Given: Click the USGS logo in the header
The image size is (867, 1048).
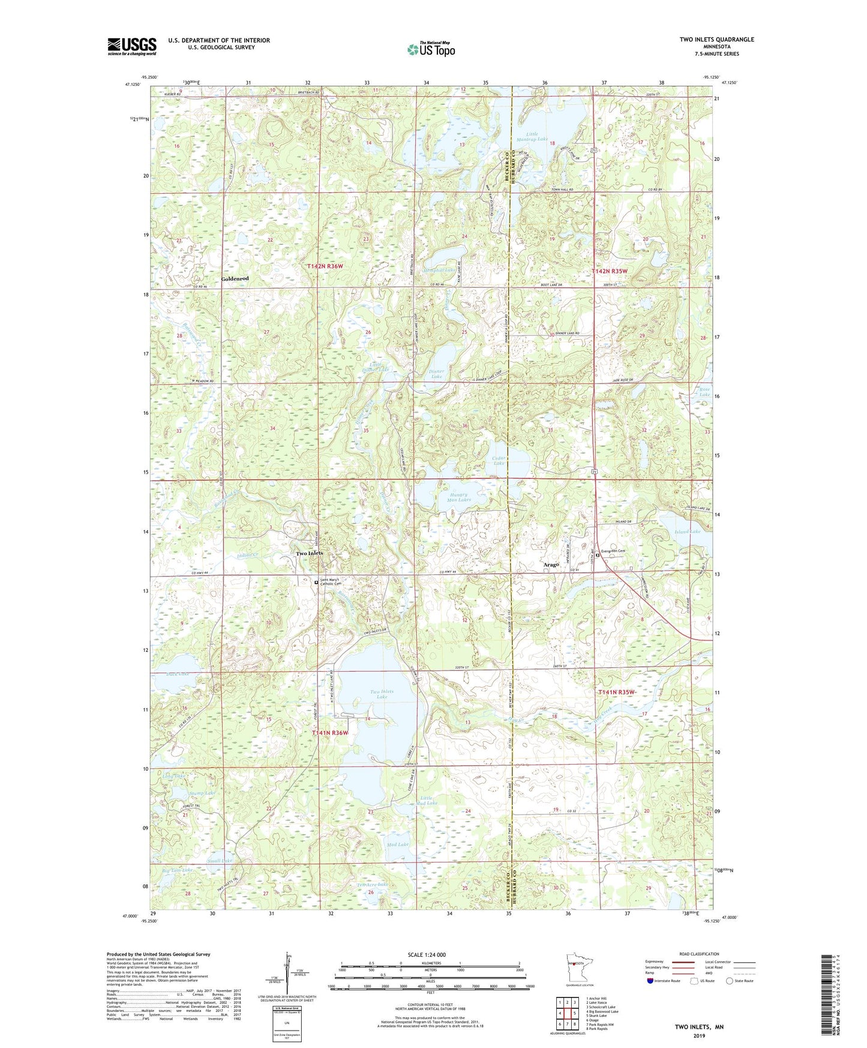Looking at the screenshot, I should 131,46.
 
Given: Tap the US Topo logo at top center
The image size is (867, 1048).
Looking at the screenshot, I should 430,49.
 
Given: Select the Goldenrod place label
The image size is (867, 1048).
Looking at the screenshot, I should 235,279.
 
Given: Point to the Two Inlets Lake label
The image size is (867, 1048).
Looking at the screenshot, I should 382,694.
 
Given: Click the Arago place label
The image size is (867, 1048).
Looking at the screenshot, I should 551,565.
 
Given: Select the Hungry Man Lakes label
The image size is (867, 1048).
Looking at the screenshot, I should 459,498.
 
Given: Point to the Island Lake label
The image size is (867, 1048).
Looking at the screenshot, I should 688,531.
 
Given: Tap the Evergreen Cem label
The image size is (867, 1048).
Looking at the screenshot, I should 619,555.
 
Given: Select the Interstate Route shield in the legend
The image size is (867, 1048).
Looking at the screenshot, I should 650,981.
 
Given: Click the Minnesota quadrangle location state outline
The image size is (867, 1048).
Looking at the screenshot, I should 578,966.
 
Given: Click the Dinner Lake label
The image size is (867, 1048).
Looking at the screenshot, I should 436,373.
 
